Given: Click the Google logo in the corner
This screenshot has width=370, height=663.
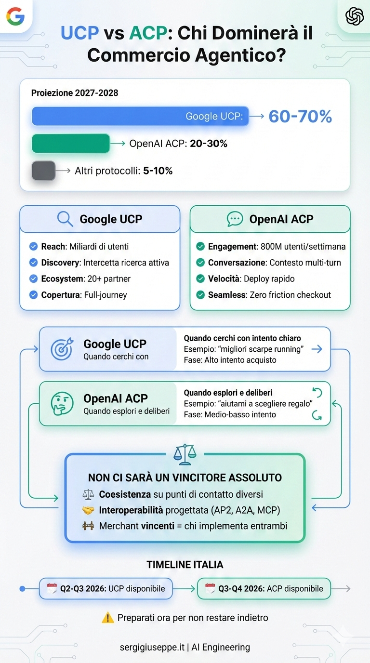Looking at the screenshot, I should pyautogui.click(x=15, y=16).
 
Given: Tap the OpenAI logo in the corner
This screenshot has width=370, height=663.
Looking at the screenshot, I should pyautogui.click(x=355, y=16).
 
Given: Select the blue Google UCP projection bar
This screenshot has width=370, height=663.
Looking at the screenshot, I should pyautogui.click(x=140, y=117).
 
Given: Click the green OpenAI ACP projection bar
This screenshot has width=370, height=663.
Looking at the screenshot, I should pyautogui.click(x=71, y=144).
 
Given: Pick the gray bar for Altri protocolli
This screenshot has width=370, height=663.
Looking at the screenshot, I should pyautogui.click(x=43, y=171).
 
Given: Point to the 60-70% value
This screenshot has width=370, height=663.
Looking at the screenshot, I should pyautogui.click(x=300, y=116).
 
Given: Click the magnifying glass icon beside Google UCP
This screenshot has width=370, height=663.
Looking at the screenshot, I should pyautogui.click(x=65, y=219).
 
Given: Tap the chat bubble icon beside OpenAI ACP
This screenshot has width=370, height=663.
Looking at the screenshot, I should pyautogui.click(x=235, y=219).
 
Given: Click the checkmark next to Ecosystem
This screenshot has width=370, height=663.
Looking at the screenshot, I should pyautogui.click(x=34, y=278).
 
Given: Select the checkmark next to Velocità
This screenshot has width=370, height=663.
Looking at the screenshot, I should pyautogui.click(x=200, y=278).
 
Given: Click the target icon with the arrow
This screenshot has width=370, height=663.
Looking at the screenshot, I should pyautogui.click(x=62, y=349).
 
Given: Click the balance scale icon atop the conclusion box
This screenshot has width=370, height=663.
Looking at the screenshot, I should pyautogui.click(x=185, y=454).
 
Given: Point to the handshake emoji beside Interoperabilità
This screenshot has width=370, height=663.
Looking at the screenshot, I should pyautogui.click(x=88, y=510).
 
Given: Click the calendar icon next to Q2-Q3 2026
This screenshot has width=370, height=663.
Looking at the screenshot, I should pyautogui.click(x=52, y=588).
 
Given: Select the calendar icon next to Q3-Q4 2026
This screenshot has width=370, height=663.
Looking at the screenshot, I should pyautogui.click(x=210, y=588).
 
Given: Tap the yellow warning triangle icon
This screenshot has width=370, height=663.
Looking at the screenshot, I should pyautogui.click(x=108, y=617).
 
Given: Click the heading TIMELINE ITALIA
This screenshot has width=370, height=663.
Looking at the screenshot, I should pyautogui.click(x=185, y=565).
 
